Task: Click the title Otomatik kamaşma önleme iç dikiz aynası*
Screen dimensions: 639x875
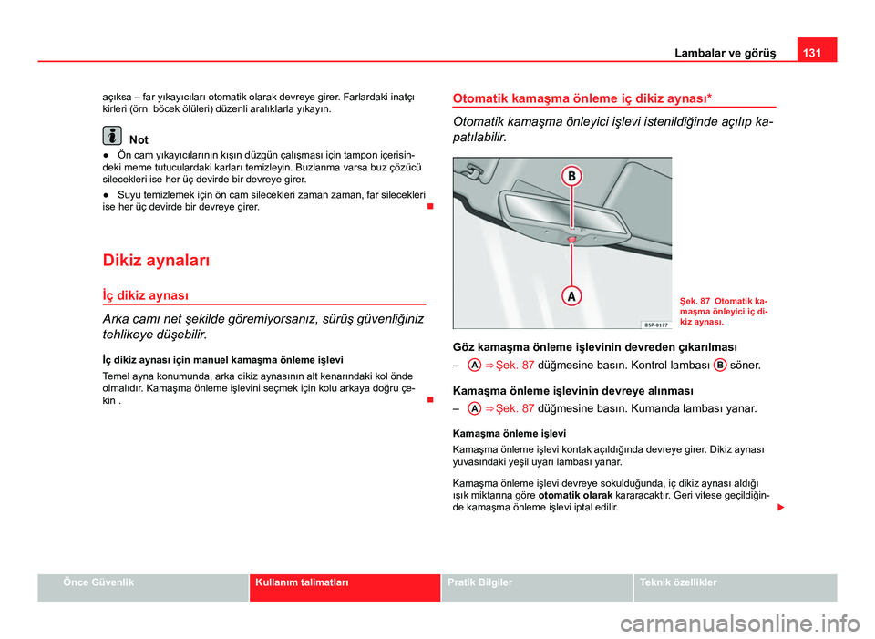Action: point(582,96)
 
